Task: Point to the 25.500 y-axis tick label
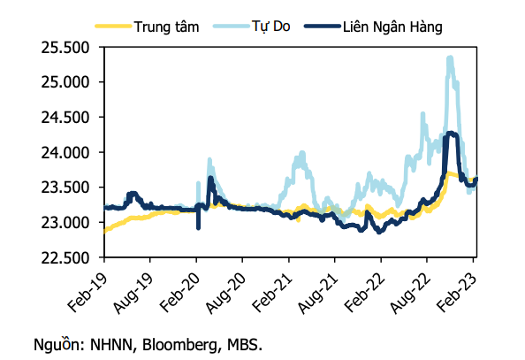(69, 47)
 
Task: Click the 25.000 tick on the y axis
(69, 82)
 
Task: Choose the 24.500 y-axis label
(69, 118)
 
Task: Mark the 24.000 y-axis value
(69, 152)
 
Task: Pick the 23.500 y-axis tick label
(69, 188)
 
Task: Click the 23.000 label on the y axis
(69, 222)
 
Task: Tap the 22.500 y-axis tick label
(69, 257)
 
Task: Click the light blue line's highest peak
(450, 58)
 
